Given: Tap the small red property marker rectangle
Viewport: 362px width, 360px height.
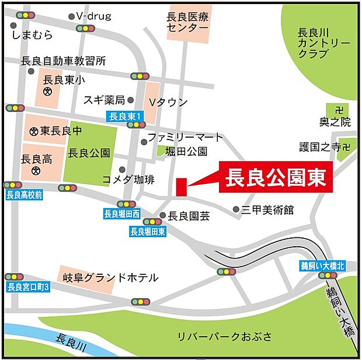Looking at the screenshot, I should [181, 187].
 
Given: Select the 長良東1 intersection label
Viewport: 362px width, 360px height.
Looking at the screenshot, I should [126, 116].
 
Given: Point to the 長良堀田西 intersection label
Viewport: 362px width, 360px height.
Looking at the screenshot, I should [122, 214].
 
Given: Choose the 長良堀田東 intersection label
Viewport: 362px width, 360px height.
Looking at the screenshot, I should [148, 232].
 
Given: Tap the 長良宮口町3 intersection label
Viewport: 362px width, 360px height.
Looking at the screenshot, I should [29, 286].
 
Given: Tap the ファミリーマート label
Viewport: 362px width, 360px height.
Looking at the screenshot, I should [185, 137].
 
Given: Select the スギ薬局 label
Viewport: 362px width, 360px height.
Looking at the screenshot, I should [104, 100].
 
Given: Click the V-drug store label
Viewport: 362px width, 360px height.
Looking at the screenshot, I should [93, 16].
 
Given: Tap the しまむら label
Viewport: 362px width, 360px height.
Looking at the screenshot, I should [32, 36].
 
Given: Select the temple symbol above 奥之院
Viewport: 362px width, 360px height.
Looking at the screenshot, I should [339, 110].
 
